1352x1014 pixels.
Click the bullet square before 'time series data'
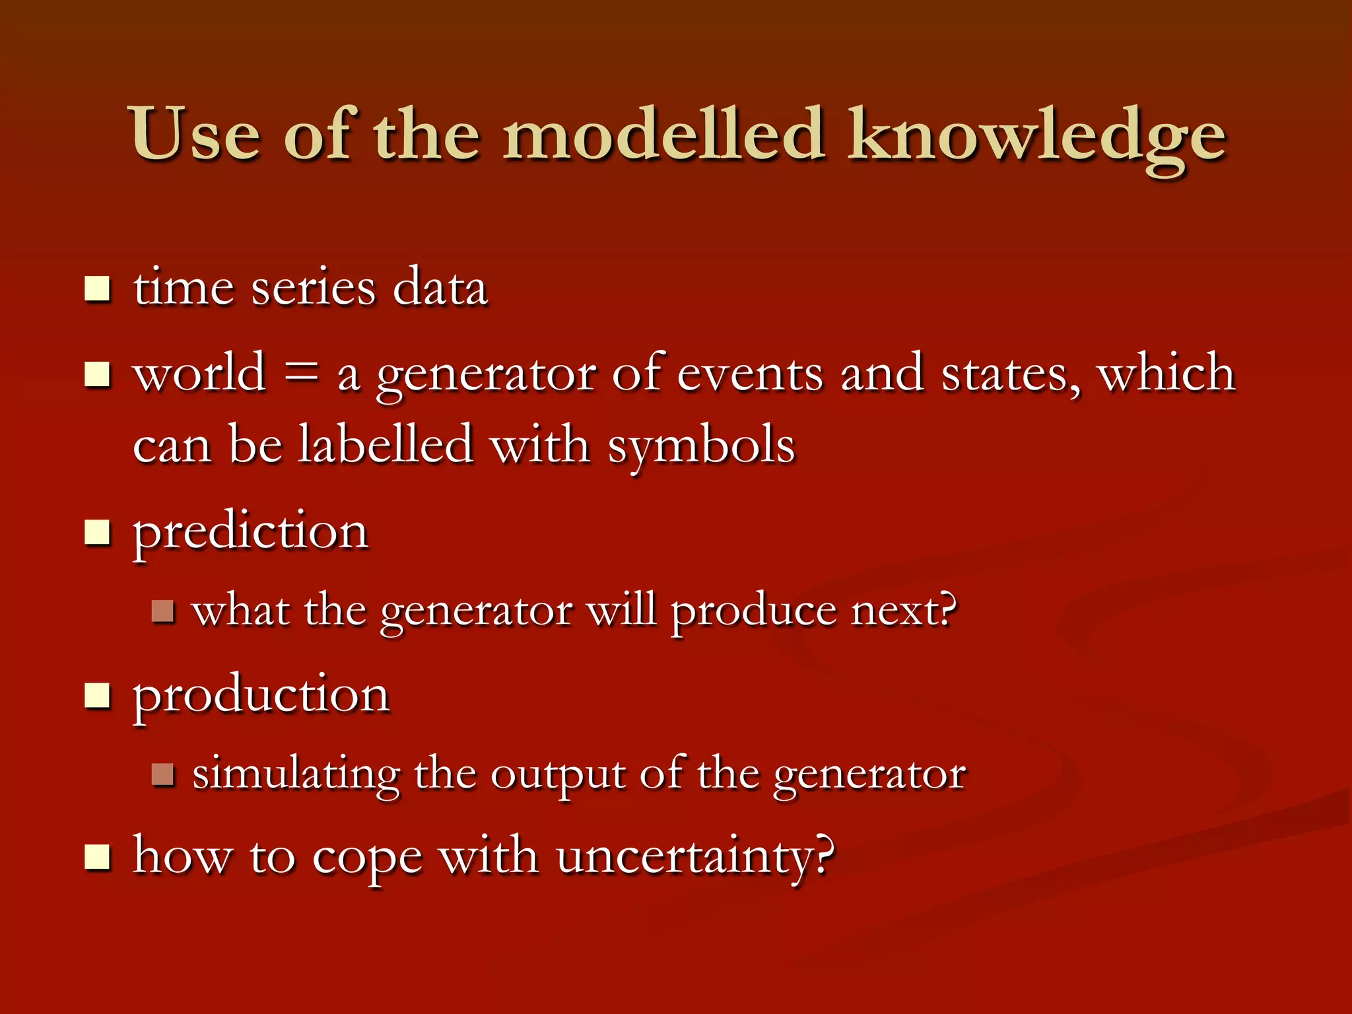point(98,288)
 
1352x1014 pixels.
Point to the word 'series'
point(314,288)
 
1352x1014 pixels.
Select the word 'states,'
point(1011,374)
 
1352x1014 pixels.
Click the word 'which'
point(1166,372)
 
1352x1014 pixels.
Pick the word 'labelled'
point(386,444)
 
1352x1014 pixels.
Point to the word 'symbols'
point(701,447)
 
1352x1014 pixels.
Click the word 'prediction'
point(250,532)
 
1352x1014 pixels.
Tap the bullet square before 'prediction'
point(98,532)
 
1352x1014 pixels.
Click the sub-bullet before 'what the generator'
point(162,611)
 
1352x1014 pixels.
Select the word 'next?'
point(903,610)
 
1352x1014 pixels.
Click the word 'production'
point(261,696)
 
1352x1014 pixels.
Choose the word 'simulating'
point(296,774)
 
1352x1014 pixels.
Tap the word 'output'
point(558,774)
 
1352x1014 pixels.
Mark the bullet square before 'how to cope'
point(98,858)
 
